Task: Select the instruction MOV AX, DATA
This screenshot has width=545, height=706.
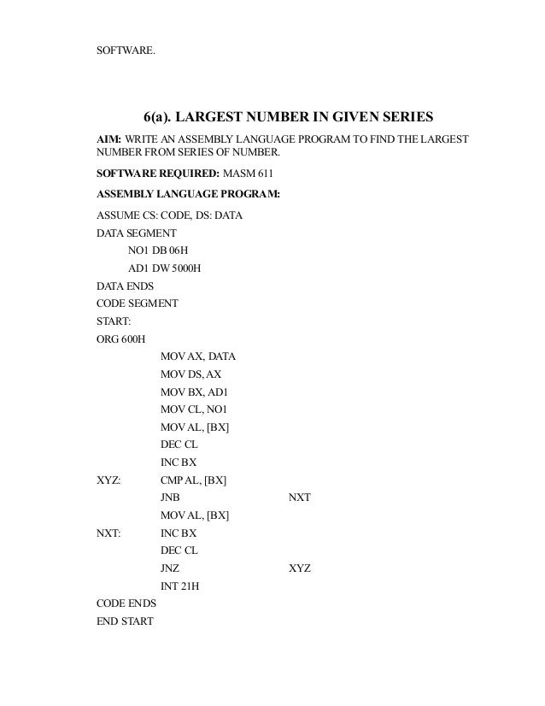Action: (x=199, y=356)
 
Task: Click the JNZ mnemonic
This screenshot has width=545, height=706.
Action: (x=170, y=568)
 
